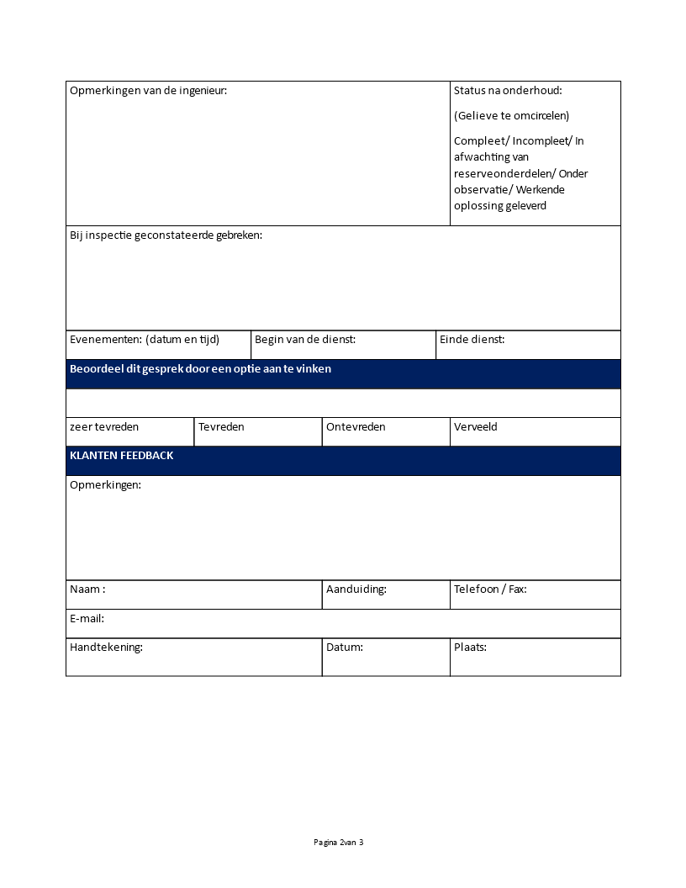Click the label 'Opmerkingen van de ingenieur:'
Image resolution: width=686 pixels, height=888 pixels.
click(x=148, y=91)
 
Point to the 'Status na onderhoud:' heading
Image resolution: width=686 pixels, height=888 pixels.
click(x=508, y=91)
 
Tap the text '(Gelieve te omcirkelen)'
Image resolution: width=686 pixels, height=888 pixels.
click(x=511, y=116)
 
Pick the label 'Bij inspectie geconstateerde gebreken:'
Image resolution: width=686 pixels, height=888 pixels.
click(x=166, y=235)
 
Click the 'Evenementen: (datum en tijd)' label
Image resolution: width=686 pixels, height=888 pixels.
click(x=145, y=340)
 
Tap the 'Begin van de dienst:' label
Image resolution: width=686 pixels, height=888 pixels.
click(x=305, y=340)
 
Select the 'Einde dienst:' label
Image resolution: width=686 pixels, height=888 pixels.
click(x=472, y=340)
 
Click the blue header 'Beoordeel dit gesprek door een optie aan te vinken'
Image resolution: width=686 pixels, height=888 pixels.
click(x=201, y=369)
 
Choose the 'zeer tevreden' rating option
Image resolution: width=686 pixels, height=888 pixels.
click(x=104, y=427)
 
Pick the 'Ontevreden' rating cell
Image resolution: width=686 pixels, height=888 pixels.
click(x=356, y=427)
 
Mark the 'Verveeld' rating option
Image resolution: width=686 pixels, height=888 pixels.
click(x=476, y=427)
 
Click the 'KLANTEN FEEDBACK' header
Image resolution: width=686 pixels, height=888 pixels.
click(x=122, y=456)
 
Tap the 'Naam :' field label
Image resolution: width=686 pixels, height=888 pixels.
click(x=87, y=589)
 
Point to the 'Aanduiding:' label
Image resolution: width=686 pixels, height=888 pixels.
click(x=356, y=589)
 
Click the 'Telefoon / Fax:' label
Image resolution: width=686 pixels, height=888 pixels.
click(x=490, y=589)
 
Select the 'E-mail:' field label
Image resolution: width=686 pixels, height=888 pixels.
click(x=87, y=619)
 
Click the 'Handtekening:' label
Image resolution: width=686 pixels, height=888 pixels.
click(x=106, y=647)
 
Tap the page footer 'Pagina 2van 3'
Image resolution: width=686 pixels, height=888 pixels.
click(x=339, y=843)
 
